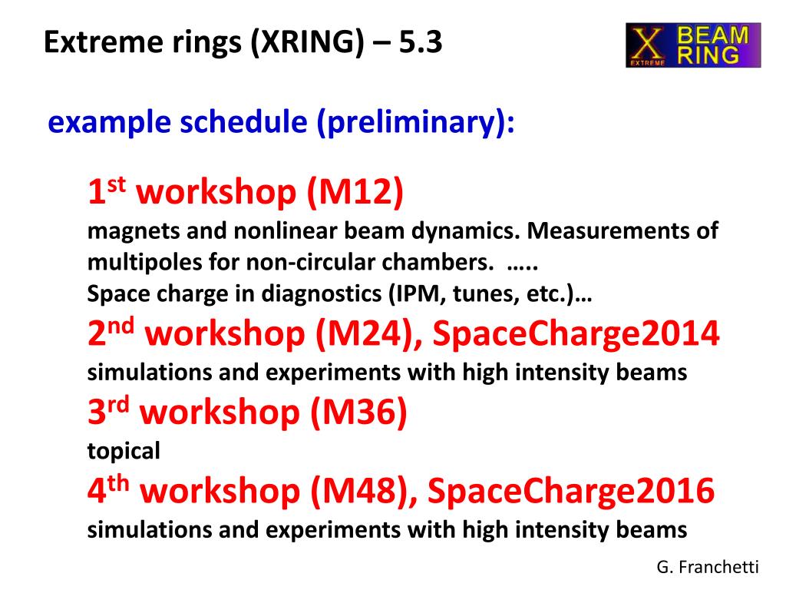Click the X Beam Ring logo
pos(693,45)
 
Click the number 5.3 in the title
pos(421,41)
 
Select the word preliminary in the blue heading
pos(411,122)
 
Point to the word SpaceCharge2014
pos(576,333)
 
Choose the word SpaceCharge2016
pos(571,490)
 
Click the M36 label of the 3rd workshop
pos(358,412)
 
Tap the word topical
pos(124,451)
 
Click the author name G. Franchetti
pos(708,567)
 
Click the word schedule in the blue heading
pos(243,122)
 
